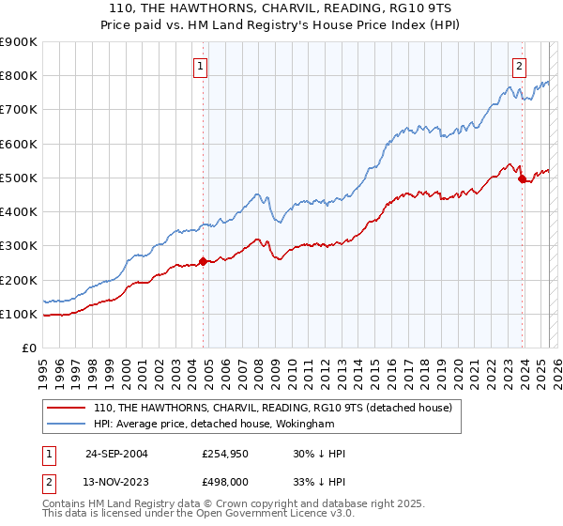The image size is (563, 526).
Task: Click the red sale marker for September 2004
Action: pyautogui.click(x=204, y=261)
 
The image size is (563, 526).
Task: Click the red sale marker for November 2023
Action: pyautogui.click(x=522, y=178)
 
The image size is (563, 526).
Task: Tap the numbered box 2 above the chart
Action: pyautogui.click(x=519, y=66)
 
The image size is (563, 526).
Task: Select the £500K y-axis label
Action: pyautogui.click(x=20, y=178)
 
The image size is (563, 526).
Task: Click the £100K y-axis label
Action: pyautogui.click(x=20, y=314)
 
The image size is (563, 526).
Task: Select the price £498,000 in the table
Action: pyautogui.click(x=223, y=483)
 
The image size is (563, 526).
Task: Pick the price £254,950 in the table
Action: pyautogui.click(x=223, y=454)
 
